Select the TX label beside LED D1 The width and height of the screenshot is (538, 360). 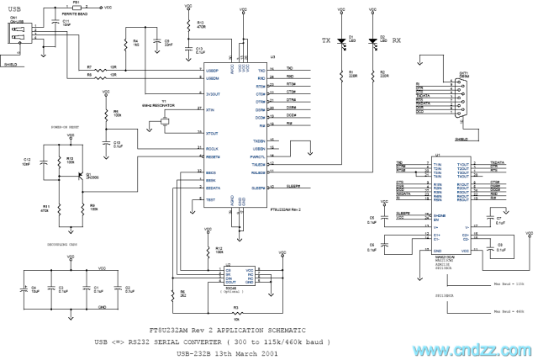click(x=328, y=40)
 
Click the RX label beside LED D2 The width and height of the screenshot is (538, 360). click(x=396, y=40)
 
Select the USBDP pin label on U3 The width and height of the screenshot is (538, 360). click(x=212, y=69)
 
